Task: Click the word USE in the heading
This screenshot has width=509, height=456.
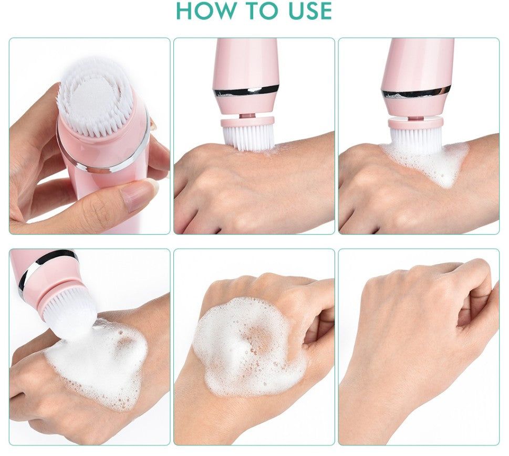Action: (310, 10)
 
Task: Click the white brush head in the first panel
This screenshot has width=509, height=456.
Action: (95, 97)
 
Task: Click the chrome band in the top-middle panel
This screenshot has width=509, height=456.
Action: (246, 91)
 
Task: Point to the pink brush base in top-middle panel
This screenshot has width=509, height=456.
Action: (247, 122)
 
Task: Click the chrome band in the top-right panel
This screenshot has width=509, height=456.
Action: (417, 92)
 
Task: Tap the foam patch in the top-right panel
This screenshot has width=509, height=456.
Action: (428, 162)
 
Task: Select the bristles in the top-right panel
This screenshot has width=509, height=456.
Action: (416, 140)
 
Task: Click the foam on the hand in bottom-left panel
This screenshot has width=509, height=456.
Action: (97, 363)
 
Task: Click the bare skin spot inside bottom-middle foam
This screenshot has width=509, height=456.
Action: (258, 337)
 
